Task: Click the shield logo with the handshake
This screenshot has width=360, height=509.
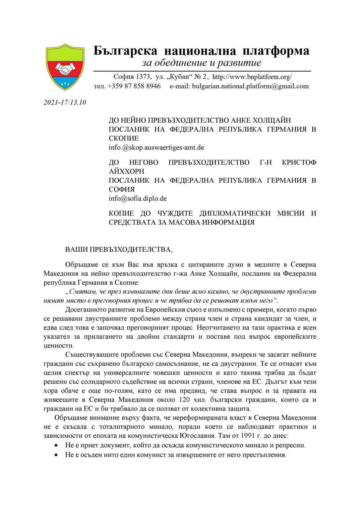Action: click(x=65, y=67)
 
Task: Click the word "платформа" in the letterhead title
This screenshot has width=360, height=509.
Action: click(x=276, y=51)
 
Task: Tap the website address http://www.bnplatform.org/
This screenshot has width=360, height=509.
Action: click(x=252, y=77)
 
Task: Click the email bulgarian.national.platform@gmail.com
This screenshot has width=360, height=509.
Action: click(x=250, y=86)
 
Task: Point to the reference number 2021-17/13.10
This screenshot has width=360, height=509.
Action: click(x=65, y=102)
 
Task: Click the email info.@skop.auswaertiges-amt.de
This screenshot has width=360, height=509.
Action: click(x=156, y=147)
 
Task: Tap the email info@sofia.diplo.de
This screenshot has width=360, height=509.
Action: click(x=138, y=198)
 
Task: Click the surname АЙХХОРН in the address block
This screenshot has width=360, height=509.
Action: click(x=126, y=171)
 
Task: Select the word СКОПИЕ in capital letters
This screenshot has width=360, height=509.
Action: click(x=124, y=138)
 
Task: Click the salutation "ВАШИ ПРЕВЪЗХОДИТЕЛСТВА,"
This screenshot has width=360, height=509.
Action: click(x=119, y=250)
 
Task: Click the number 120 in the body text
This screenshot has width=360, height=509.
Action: click(x=185, y=400)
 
